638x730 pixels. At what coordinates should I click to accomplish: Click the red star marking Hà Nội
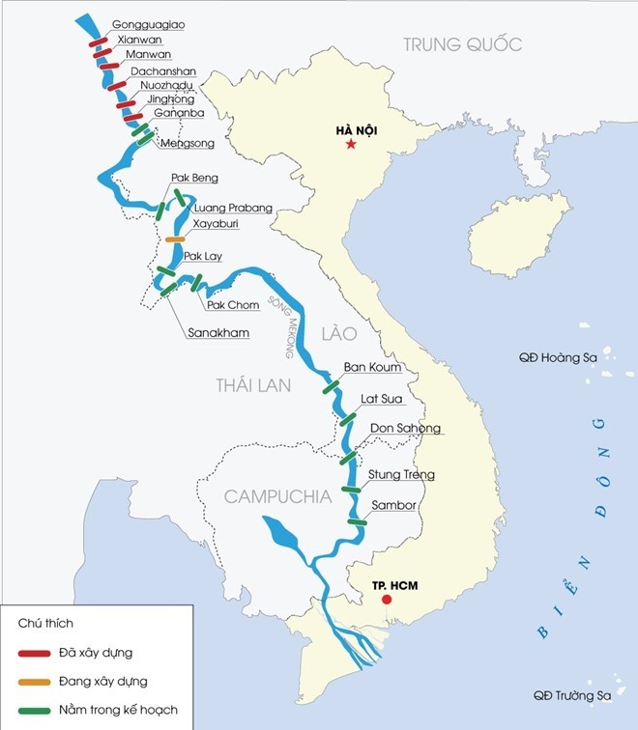[x=350, y=145]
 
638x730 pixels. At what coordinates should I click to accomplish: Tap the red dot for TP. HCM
[x=387, y=600]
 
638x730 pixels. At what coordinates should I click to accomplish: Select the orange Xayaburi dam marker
[x=175, y=239]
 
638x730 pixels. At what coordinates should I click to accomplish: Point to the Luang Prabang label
[x=233, y=208]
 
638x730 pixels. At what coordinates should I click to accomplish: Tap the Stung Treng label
[x=401, y=475]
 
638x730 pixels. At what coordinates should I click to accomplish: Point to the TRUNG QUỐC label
[x=462, y=44]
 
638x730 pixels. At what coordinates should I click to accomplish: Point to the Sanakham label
[x=217, y=333]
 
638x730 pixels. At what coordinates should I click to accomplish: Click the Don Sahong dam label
[x=404, y=429]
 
